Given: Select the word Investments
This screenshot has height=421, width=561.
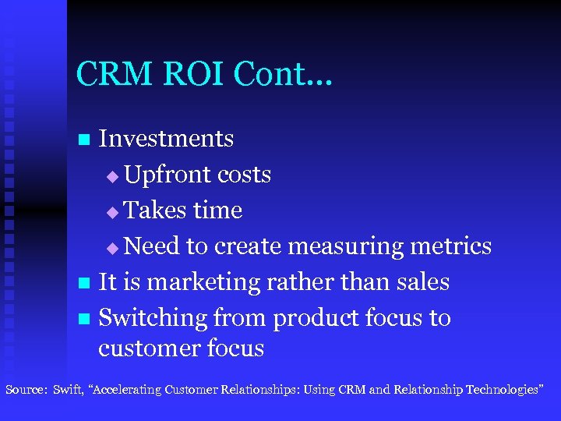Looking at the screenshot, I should tap(166, 139).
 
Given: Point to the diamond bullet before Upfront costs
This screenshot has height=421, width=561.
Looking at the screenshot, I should tap(113, 177).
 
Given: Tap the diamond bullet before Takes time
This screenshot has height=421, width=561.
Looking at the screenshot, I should tap(113, 213).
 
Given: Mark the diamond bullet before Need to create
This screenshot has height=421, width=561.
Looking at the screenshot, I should tap(113, 249).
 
